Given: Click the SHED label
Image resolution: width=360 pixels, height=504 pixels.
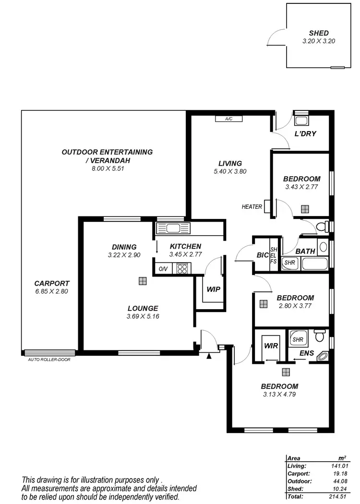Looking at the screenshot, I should click(319, 33).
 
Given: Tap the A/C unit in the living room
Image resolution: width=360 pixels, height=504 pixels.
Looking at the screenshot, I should click(228, 119).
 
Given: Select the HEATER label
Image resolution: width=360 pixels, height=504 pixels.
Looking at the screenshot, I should click(252, 207).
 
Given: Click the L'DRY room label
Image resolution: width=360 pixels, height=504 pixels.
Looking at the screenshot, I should click(305, 133).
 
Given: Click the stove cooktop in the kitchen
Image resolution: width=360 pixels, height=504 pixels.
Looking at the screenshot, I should click(182, 269).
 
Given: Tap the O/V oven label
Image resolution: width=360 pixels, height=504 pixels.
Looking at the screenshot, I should click(163, 269).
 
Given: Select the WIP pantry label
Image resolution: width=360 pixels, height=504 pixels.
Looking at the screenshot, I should click(213, 290).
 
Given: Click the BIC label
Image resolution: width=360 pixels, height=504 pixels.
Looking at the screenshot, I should click(262, 255).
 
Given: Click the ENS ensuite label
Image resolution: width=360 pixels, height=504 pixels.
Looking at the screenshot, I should click(307, 354).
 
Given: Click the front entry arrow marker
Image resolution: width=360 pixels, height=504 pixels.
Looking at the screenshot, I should click(208, 356).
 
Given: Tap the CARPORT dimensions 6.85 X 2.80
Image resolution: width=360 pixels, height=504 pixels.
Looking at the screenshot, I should click(52, 291).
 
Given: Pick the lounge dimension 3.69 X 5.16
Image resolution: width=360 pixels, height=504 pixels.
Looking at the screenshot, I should click(143, 316).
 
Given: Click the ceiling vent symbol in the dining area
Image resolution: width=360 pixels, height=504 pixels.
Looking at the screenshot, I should click(143, 281).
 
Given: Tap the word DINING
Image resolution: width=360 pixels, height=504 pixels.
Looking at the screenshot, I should click(124, 247).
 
